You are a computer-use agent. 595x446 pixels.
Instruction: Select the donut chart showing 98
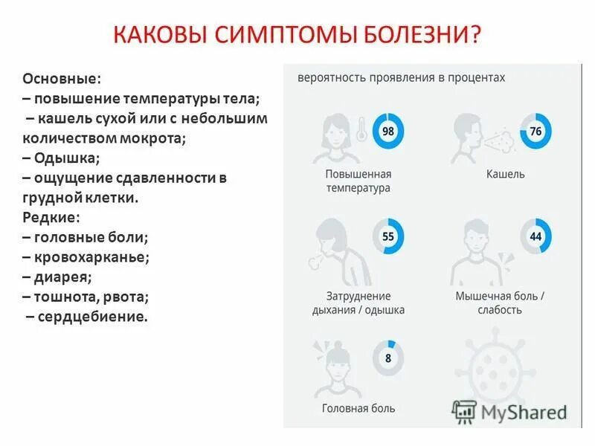(x=387, y=132)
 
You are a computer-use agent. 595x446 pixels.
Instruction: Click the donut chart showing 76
(x=535, y=132)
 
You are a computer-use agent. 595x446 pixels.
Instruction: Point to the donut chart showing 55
(x=387, y=236)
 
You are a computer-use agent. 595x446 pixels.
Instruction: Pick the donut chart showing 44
(x=535, y=236)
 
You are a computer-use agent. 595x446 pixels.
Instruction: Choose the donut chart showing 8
(x=387, y=358)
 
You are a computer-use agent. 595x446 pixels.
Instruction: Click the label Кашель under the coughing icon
(x=505, y=174)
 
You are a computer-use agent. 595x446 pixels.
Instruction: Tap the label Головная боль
(x=358, y=408)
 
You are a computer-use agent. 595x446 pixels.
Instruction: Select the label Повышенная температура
(x=358, y=181)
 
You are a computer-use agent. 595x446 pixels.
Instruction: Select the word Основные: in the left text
(x=61, y=79)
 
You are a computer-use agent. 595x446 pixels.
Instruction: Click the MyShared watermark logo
(x=510, y=411)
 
